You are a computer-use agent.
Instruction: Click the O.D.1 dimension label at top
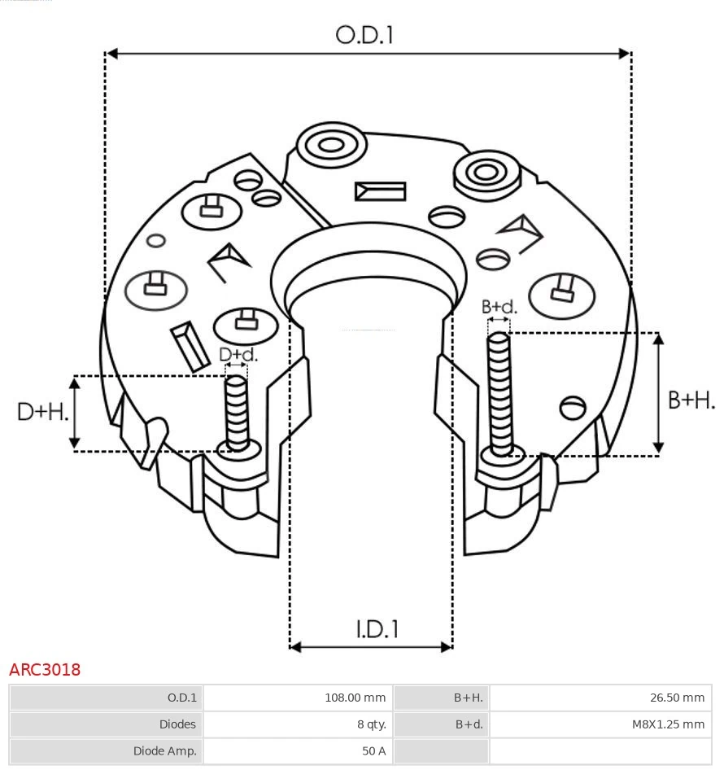tap(364, 35)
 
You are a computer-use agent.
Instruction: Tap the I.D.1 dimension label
tap(376, 628)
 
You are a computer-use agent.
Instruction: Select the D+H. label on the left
tap(42, 412)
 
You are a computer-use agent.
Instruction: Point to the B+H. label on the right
tap(691, 400)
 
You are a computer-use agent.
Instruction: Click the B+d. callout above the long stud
tap(499, 307)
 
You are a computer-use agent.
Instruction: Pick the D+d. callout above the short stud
tap(238, 354)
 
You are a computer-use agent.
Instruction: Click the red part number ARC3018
tap(45, 670)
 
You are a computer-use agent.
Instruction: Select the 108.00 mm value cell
tap(355, 698)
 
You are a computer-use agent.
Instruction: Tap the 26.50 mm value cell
tap(677, 698)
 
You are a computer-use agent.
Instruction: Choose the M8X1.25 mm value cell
tap(668, 724)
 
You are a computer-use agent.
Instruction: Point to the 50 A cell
tap(373, 751)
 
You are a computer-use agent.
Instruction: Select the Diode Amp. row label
tap(164, 751)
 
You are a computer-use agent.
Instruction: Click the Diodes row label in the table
tap(177, 724)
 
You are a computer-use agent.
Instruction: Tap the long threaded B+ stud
tap(499, 391)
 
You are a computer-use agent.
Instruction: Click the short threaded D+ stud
tap(237, 411)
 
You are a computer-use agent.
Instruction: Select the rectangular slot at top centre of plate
tap(380, 191)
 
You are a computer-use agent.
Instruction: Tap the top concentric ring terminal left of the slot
tap(330, 147)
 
